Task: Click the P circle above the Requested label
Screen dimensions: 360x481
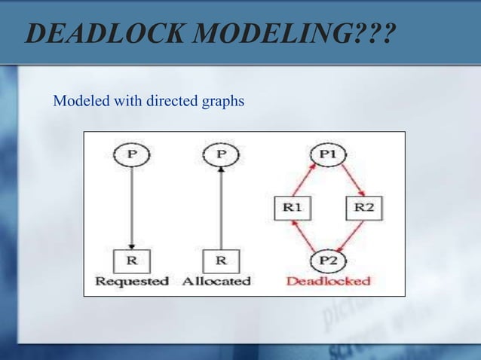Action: (x=131, y=154)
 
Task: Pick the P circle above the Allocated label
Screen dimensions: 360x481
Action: (x=220, y=154)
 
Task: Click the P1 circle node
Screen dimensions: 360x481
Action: (x=327, y=154)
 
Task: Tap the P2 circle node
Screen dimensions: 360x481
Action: (x=327, y=261)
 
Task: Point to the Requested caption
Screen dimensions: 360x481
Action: (x=131, y=281)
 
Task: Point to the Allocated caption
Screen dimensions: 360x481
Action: (x=216, y=281)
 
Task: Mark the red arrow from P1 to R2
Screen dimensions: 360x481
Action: (x=348, y=178)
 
